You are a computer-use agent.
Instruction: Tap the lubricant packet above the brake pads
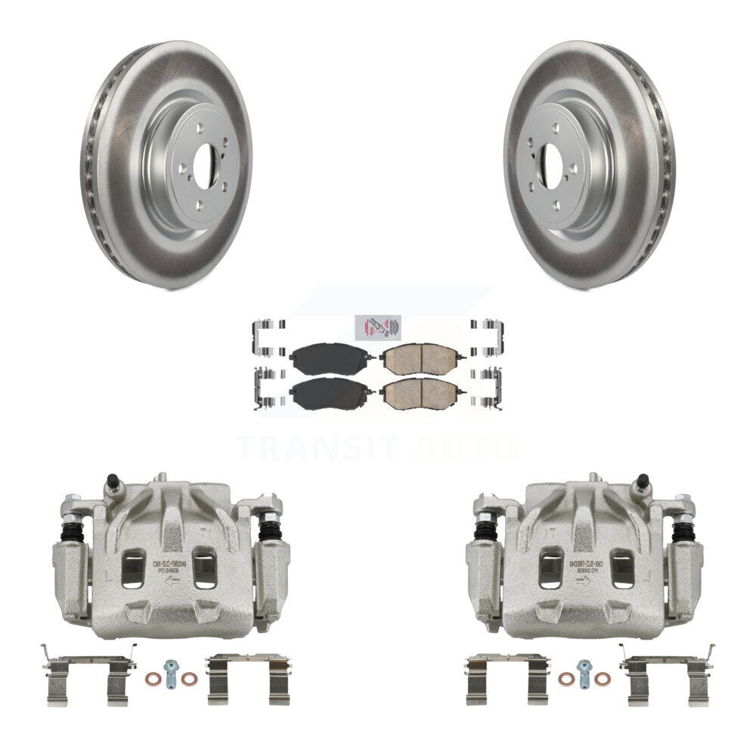(x=376, y=327)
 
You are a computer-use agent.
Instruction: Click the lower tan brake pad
(x=419, y=393)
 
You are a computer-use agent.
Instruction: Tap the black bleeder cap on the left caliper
(x=112, y=480)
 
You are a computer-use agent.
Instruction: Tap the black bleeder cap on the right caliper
(x=643, y=480)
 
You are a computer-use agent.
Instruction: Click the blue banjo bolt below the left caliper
(x=172, y=672)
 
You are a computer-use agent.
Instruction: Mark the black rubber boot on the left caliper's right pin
(x=269, y=529)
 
